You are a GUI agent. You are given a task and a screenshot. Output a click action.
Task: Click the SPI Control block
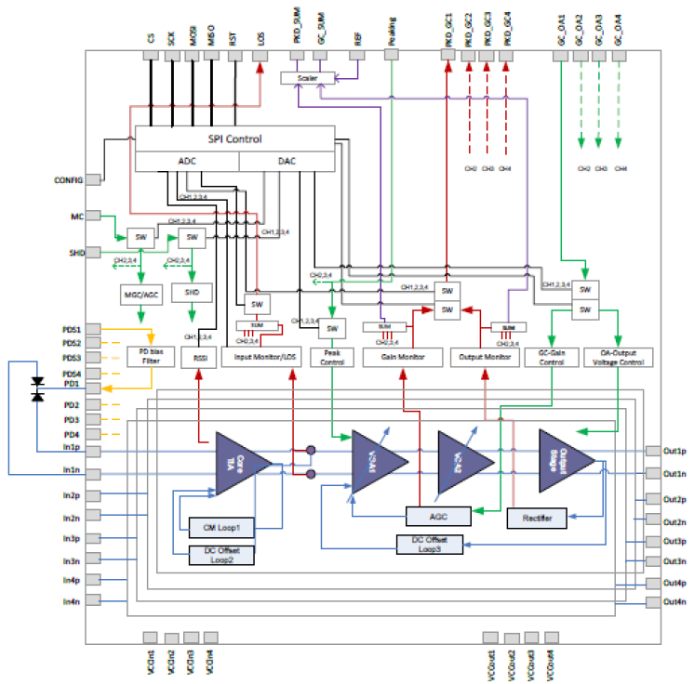234,139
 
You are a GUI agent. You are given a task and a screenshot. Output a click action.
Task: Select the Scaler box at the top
307,79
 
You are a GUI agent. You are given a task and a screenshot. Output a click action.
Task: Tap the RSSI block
199,356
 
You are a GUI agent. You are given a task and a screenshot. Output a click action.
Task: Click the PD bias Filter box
152,356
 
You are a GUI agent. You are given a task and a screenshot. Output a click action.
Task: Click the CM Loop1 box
220,529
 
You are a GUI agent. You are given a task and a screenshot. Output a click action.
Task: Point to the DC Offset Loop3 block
429,544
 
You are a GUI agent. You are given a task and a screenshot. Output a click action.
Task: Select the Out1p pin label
674,451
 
